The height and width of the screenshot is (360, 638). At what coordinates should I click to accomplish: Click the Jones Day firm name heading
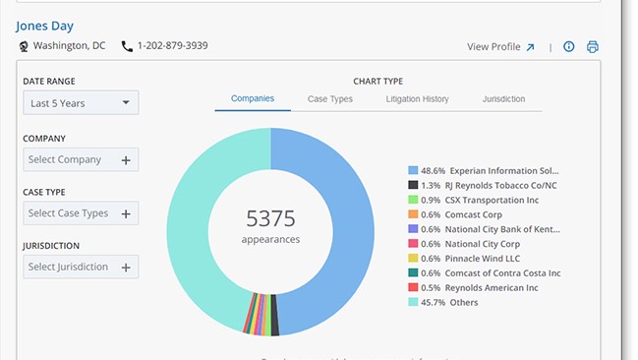click(44, 26)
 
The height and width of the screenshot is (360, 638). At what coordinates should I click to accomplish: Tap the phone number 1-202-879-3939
click(172, 46)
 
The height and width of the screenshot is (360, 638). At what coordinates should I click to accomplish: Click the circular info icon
click(569, 46)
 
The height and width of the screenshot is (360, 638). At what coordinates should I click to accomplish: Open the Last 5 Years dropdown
click(81, 102)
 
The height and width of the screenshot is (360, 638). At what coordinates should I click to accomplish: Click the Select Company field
click(81, 159)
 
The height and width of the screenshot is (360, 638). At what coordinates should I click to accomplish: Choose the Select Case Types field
click(81, 212)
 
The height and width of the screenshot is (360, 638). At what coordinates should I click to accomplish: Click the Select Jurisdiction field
click(81, 267)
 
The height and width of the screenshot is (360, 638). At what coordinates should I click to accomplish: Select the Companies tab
click(253, 99)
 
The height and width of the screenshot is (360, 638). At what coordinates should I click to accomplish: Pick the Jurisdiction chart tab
click(503, 99)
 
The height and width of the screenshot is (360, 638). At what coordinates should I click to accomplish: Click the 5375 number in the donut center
click(270, 218)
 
